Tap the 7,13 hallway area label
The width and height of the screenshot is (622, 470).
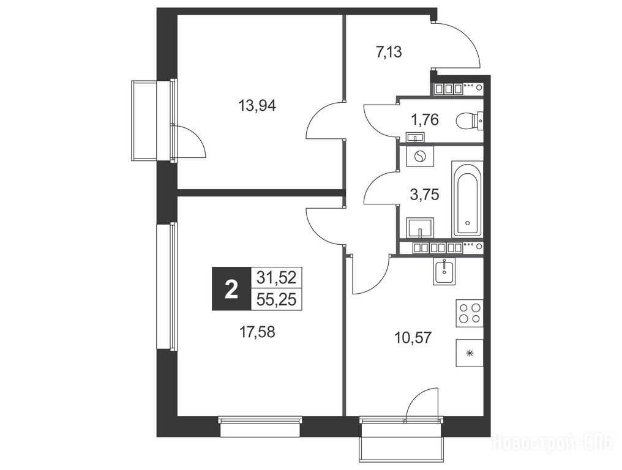pyautogui.click(x=389, y=51)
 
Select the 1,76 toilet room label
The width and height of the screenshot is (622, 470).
pyautogui.click(x=425, y=119)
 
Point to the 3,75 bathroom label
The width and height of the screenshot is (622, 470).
pyautogui.click(x=424, y=195)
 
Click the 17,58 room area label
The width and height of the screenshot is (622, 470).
pyautogui.click(x=257, y=332)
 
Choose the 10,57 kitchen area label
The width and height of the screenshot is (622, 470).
pyautogui.click(x=413, y=338)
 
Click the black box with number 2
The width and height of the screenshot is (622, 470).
pyautogui.click(x=231, y=289)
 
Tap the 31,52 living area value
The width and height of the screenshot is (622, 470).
pyautogui.click(x=277, y=278)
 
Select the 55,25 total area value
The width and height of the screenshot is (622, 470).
pyautogui.click(x=277, y=299)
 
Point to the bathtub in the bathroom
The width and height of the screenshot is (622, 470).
pyautogui.click(x=467, y=200)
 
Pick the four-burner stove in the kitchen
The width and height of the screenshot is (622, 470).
pyautogui.click(x=470, y=313)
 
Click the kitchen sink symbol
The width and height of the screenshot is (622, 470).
pyautogui.click(x=444, y=272)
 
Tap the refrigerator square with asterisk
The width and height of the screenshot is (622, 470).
pyautogui.click(x=470, y=353)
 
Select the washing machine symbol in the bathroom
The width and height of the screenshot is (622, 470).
pyautogui.click(x=420, y=157)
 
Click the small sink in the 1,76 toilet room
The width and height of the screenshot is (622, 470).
pyautogui.click(x=415, y=138)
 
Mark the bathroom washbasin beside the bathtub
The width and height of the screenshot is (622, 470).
pyautogui.click(x=420, y=228)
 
